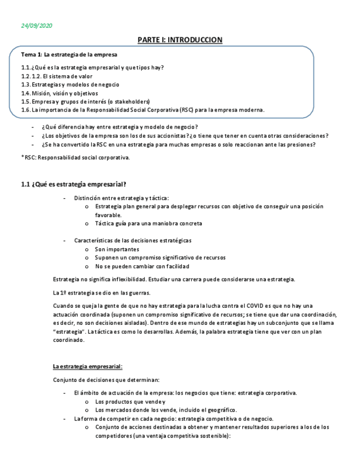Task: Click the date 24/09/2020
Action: (x=37, y=26)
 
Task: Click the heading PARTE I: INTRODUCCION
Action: (x=180, y=40)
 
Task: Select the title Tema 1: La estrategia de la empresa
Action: (x=69, y=55)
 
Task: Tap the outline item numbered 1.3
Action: (x=70, y=85)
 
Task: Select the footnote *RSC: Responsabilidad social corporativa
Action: (x=75, y=158)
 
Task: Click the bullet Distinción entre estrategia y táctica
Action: (x=121, y=198)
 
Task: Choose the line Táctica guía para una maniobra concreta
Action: (x=148, y=224)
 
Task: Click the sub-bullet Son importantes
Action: (x=117, y=249)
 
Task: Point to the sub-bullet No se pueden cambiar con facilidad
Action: (x=142, y=267)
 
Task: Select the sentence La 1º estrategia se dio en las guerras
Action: (x=102, y=292)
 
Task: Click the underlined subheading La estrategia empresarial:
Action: (x=88, y=366)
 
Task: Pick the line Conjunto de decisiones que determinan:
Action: (x=107, y=380)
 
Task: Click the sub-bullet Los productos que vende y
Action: (x=130, y=401)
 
